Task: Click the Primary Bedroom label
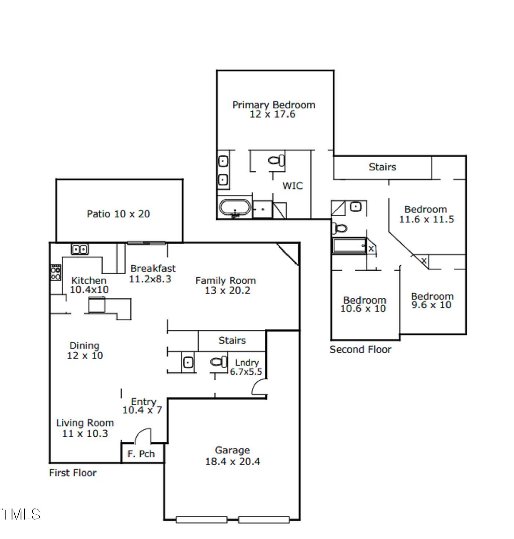[x=274, y=105]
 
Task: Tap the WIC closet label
[x=293, y=186]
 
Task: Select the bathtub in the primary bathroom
[x=235, y=207]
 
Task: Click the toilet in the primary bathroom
[x=276, y=160]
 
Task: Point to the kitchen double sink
[x=80, y=250]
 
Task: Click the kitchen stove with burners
[x=56, y=273]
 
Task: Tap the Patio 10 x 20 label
[x=118, y=214]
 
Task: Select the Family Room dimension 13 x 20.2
[x=227, y=290]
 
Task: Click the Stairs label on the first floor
[x=232, y=340]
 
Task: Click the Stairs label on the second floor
[x=382, y=167]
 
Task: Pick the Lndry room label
[x=247, y=363]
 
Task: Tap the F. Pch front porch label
[x=141, y=454]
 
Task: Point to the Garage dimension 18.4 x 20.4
[x=232, y=462]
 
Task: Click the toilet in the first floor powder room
[x=219, y=362]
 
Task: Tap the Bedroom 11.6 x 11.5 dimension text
[x=426, y=220]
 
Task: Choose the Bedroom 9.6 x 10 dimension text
[x=431, y=305]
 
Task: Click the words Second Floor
[x=360, y=350]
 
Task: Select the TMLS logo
[x=21, y=514]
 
